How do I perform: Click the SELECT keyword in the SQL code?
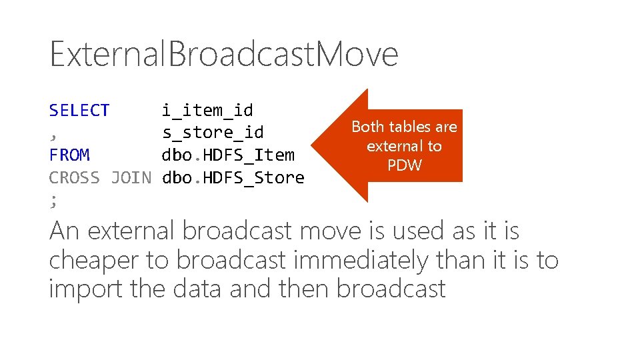click(79, 111)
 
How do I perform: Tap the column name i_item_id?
click(207, 111)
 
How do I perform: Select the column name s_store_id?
click(213, 133)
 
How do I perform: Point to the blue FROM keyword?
click(69, 155)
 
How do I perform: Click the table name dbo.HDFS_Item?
click(228, 155)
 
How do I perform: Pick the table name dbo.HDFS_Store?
click(233, 178)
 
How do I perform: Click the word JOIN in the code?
click(131, 178)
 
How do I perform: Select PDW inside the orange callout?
click(405, 165)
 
